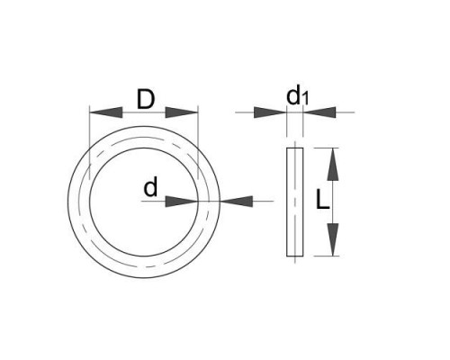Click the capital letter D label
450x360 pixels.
coord(146,99)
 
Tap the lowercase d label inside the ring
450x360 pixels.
coord(150,186)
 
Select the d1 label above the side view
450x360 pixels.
coord(297,96)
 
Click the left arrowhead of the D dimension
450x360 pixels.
coord(106,112)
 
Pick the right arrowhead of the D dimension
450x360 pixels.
coord(182,112)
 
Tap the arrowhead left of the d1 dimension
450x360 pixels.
coord(270,112)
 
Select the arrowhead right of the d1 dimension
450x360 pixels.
coord(319,112)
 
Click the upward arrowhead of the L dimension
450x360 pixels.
coord(333,164)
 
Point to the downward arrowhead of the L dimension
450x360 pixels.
coord(333,239)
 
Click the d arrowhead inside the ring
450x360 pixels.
coord(182,202)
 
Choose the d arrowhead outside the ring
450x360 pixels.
coord(237,202)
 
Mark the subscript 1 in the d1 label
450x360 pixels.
coord(305,99)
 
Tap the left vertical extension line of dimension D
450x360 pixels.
coord(90,142)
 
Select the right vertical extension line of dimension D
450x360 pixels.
coord(198,142)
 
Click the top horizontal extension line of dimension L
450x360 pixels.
coord(326,148)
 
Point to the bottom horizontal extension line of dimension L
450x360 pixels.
coord(326,256)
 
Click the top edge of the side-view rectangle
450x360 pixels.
coord(295,148)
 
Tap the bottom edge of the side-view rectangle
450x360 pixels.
coord(295,256)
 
